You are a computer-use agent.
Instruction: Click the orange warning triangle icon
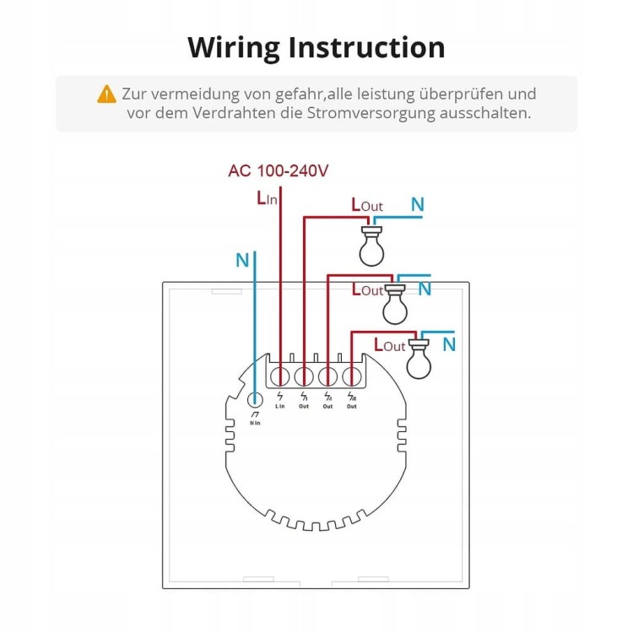click(106, 94)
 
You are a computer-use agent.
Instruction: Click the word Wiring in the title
click(233, 47)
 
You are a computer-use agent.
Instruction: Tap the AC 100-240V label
click(278, 171)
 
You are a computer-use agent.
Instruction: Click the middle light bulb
click(394, 304)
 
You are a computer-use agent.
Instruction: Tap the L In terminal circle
click(280, 375)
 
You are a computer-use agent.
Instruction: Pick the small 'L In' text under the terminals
click(280, 406)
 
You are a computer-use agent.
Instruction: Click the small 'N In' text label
click(256, 422)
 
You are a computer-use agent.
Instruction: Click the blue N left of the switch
click(242, 261)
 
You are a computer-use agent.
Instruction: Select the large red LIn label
click(267, 199)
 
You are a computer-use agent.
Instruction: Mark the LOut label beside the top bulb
click(366, 206)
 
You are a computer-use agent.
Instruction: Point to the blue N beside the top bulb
click(417, 204)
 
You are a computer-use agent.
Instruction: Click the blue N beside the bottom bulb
click(449, 344)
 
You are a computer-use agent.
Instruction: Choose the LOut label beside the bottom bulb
click(390, 344)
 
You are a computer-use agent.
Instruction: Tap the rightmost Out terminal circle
click(352, 375)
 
